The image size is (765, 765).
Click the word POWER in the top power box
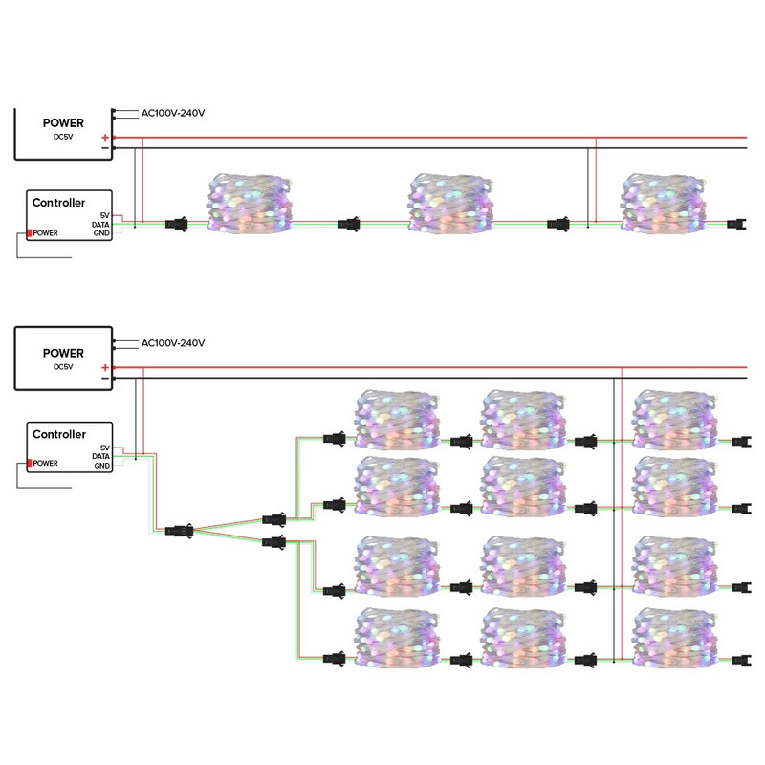[x=63, y=122]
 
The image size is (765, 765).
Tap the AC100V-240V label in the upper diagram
[x=173, y=113]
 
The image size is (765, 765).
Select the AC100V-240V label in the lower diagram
[x=173, y=343]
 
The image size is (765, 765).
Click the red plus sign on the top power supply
[x=104, y=138]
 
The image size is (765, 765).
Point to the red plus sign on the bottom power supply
[x=104, y=368]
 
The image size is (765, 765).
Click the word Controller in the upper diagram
[x=59, y=203]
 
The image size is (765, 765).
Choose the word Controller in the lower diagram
[x=59, y=434]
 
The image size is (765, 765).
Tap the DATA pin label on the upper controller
[x=100, y=225]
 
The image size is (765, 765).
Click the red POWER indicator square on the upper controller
[x=30, y=232]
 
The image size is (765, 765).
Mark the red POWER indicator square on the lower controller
[x=30, y=463]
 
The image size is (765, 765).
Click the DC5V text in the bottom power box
[x=63, y=366]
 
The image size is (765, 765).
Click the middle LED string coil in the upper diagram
[x=449, y=203]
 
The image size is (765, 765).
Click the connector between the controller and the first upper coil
[x=177, y=225]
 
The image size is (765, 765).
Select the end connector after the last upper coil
[x=735, y=226]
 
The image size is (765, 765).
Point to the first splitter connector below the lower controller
[x=179, y=529]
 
